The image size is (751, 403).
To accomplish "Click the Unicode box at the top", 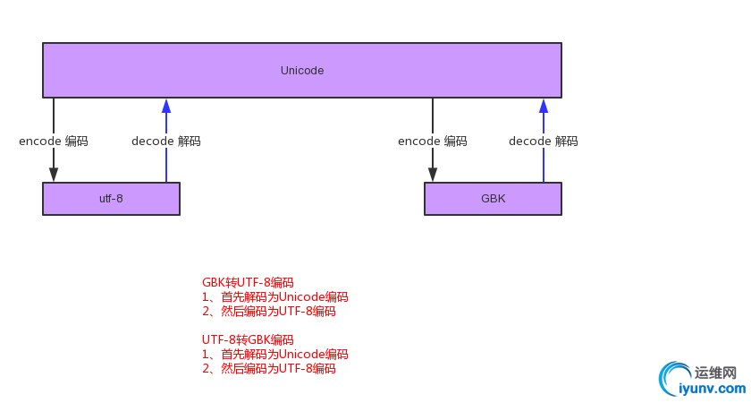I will pyautogui.click(x=302, y=70).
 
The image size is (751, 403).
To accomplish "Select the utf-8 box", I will pyautogui.click(x=111, y=199).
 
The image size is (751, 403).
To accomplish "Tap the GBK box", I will pyautogui.click(x=493, y=199).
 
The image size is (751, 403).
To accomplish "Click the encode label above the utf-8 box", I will pyautogui.click(x=54, y=141).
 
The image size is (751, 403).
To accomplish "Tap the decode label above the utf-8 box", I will pyautogui.click(x=166, y=141).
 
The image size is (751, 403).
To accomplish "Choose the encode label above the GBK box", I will pyautogui.click(x=433, y=141).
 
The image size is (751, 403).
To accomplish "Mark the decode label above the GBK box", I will pyautogui.click(x=544, y=141).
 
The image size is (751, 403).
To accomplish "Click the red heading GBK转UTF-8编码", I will pyautogui.click(x=248, y=283).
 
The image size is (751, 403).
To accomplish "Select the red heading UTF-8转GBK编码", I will pyautogui.click(x=248, y=340).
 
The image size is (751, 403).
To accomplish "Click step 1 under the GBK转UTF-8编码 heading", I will pyautogui.click(x=274, y=297).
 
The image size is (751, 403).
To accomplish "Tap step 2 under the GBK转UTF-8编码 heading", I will pyautogui.click(x=268, y=312).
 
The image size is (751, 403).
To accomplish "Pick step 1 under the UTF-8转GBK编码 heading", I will pyautogui.click(x=274, y=355).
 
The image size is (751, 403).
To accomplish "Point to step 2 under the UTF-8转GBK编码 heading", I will pyautogui.click(x=268, y=369).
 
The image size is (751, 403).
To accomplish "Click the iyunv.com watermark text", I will pyautogui.click(x=712, y=389).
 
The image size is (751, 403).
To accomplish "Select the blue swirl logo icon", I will pyautogui.click(x=672, y=380).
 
